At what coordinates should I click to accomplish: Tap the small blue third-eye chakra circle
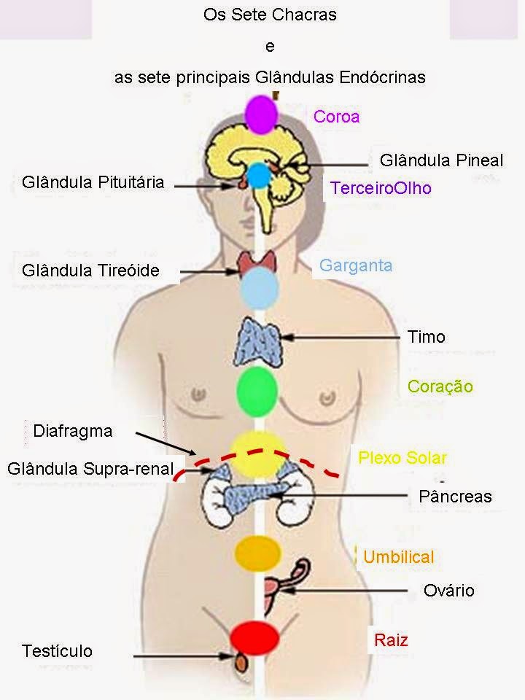[257, 175]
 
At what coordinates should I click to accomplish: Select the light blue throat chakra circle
[260, 285]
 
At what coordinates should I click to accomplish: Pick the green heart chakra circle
[257, 388]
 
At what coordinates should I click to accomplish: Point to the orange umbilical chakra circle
[257, 552]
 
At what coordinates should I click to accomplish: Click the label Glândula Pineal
[441, 160]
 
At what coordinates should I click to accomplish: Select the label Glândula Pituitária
[93, 182]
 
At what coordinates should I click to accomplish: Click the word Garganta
[356, 265]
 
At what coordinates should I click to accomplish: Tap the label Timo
[427, 337]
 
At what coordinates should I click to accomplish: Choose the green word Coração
[440, 386]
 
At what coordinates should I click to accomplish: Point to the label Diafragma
[73, 431]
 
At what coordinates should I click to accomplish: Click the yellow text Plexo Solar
[402, 458]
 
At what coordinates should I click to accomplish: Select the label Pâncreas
[456, 497]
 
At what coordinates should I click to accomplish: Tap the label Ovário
[449, 590]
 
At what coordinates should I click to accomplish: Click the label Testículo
[58, 650]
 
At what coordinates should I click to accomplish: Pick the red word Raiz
[391, 641]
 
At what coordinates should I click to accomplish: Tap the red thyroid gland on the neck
[259, 262]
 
